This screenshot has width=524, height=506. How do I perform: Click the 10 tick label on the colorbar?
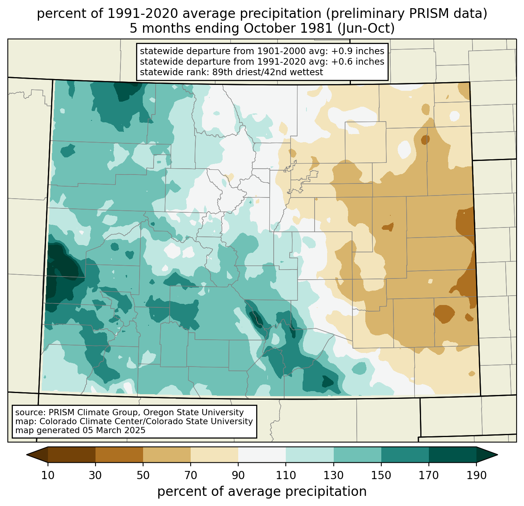(x=48, y=476)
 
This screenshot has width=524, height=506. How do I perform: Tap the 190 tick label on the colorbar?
(x=476, y=476)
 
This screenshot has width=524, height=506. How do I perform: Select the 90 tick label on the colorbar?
(x=238, y=476)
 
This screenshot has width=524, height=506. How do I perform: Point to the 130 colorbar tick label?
(x=334, y=476)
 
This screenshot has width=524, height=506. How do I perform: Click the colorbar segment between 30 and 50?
(x=119, y=455)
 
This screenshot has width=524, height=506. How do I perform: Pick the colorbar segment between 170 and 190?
(x=453, y=455)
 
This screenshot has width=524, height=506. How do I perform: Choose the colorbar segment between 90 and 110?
(x=262, y=455)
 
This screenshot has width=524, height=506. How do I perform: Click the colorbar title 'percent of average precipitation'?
(x=262, y=492)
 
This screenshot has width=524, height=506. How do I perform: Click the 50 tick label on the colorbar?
(x=143, y=476)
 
